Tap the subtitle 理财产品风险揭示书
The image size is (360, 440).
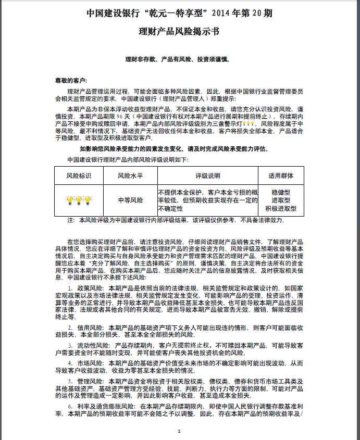coord(179,31)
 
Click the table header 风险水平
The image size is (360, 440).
coord(130,175)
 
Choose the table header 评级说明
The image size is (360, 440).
coord(208,175)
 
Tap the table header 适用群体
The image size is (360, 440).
coord(281,175)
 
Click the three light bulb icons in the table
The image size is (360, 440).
coord(79,200)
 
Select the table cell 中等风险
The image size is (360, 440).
coord(130,200)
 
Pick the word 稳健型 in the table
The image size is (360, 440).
coord(281,192)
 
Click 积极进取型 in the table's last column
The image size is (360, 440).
coord(281,208)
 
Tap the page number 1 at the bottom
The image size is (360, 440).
coord(179,431)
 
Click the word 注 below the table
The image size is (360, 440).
coord(71,220)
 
